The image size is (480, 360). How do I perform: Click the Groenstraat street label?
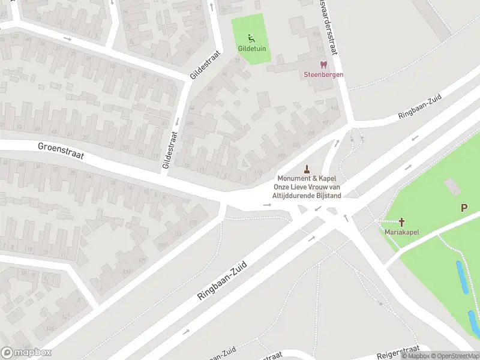(60, 151)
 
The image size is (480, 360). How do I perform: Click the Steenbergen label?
(323, 74)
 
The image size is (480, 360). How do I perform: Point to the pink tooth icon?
(323, 64)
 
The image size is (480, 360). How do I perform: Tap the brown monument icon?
(307, 169)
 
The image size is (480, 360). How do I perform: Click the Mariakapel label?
(401, 232)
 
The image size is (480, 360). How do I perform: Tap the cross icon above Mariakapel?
(401, 222)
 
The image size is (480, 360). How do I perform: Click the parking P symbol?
(464, 208)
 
